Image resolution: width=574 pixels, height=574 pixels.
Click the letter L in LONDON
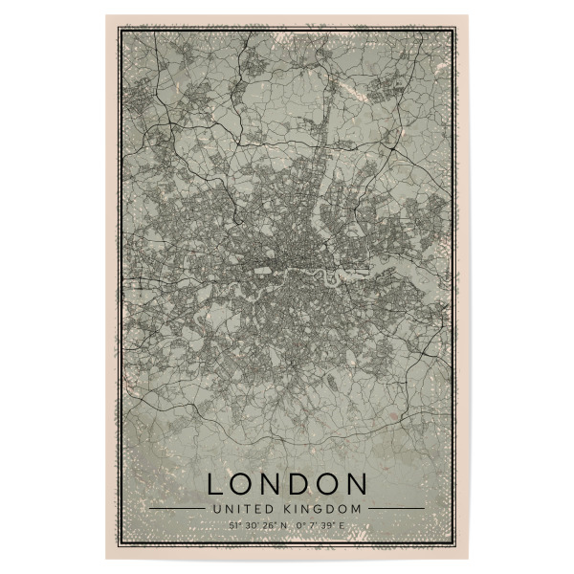pos(215,481)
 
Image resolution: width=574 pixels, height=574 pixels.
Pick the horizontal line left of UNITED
pos(177,508)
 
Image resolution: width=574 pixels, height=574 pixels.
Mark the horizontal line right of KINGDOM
pos(396,508)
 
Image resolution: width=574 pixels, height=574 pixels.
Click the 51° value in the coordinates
pos(234,524)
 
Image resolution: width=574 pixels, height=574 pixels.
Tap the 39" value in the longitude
pos(328,524)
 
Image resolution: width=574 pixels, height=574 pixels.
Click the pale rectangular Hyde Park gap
pos(262,270)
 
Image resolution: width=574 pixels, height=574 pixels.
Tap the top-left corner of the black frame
pos(118,28)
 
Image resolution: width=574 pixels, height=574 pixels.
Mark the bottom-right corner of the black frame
pos(456,546)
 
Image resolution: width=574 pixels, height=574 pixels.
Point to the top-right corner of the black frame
pos(456,28)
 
